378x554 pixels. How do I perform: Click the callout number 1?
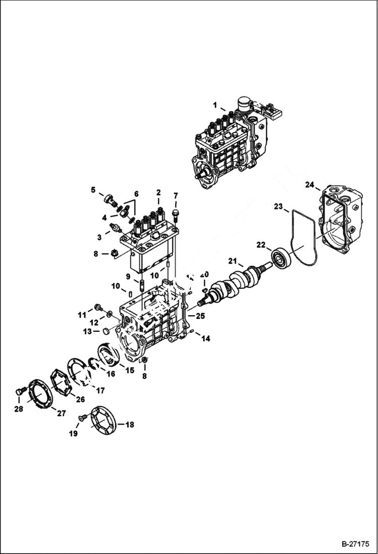point(215,106)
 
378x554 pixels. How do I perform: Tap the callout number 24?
point(309,185)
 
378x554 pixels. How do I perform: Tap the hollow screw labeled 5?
point(109,199)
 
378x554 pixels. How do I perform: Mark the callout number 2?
point(158,192)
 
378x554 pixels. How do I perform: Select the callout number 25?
point(200,316)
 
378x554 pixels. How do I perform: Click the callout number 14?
point(205,339)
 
